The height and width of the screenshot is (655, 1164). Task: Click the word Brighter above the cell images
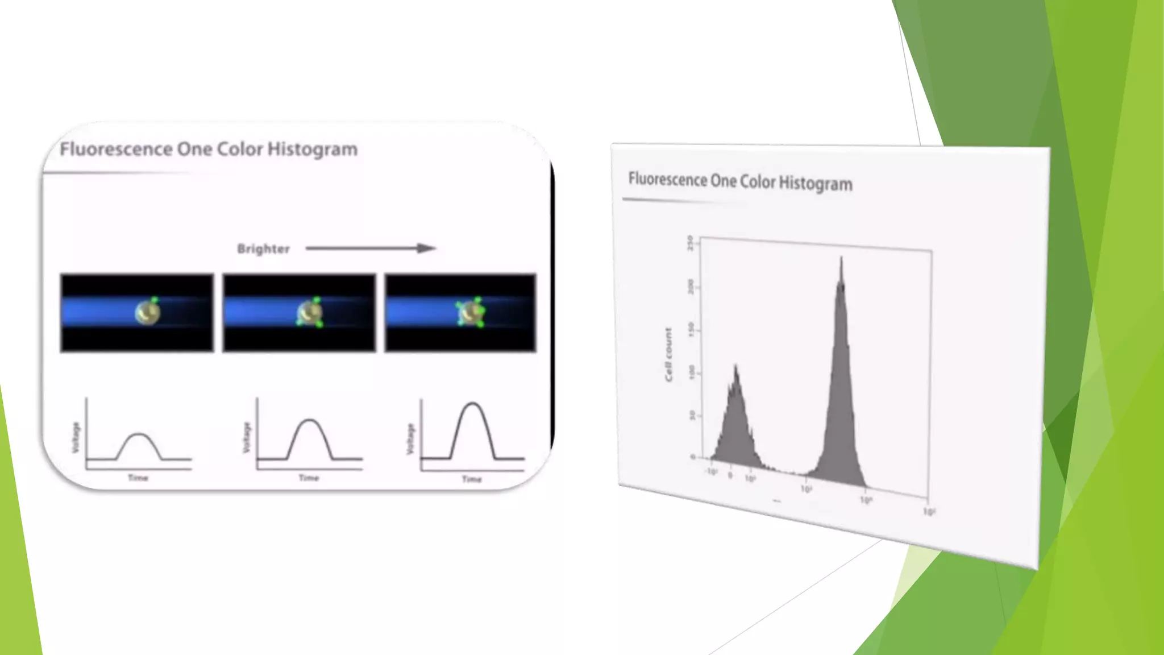(263, 249)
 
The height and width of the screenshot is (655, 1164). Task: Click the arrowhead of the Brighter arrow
(427, 248)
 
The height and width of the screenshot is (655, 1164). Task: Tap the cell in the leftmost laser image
(147, 312)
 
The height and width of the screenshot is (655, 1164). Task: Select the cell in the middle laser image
(310, 313)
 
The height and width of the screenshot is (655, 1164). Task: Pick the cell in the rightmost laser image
(471, 313)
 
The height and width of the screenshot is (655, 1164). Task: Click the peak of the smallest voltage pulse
(139, 434)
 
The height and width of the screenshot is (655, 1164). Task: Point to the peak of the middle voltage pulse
(310, 420)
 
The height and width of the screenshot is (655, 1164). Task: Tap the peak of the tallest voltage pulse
(472, 404)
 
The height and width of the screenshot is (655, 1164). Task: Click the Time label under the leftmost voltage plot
(138, 478)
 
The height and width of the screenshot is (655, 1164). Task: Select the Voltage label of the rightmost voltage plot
(410, 439)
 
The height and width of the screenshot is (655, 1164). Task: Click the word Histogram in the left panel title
(312, 150)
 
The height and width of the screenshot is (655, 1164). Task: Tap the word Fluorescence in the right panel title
(667, 179)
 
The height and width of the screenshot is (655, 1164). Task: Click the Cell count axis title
(668, 354)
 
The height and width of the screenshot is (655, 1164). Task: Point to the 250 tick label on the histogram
(690, 243)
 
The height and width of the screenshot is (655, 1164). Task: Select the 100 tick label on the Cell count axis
(691, 372)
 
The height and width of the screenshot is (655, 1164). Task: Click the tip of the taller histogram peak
(841, 259)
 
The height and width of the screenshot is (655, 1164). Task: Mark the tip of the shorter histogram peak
(736, 366)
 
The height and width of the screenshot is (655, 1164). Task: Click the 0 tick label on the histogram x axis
(730, 475)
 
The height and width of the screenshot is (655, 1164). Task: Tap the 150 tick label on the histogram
(691, 329)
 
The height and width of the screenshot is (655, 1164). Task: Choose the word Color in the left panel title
(239, 150)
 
